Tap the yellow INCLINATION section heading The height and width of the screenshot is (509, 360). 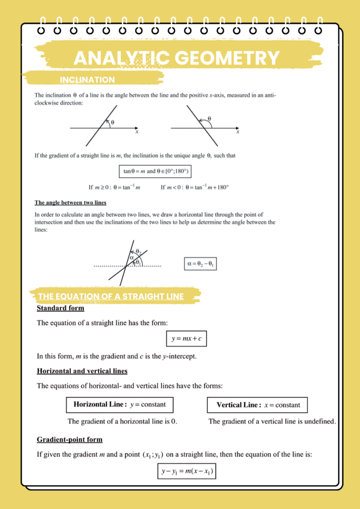point(88,80)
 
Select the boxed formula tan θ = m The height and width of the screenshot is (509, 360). point(156,172)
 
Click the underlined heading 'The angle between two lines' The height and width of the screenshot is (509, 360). point(70,203)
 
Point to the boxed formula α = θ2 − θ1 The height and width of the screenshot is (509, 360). point(200,264)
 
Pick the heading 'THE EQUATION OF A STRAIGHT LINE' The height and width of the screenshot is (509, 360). point(111,297)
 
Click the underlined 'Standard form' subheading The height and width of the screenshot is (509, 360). point(61,308)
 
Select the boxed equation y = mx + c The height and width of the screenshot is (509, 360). point(186,339)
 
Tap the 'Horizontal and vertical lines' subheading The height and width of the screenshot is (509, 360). point(82,371)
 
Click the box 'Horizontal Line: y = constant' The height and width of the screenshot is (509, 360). point(120,405)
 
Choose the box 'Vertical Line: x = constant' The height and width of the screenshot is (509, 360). point(257,405)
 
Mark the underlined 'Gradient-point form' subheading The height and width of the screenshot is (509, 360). point(70,439)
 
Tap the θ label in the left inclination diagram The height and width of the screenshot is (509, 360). point(113,122)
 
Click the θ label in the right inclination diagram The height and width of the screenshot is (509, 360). point(209,119)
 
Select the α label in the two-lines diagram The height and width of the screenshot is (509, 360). point(131,258)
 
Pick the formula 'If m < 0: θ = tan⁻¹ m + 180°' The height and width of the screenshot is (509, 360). point(195,187)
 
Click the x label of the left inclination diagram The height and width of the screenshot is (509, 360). point(137,132)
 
